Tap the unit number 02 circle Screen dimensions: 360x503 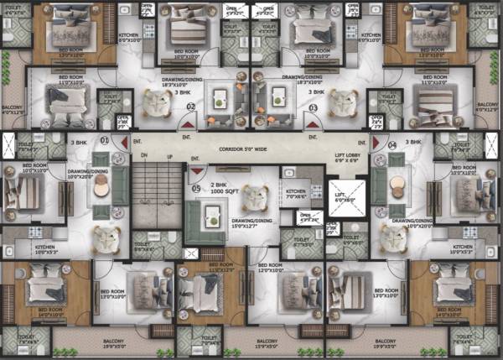[x=191, y=107]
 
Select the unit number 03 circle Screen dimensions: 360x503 [x=313, y=107]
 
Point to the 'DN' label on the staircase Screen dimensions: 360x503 [x=143, y=157]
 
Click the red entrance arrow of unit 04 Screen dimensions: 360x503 [x=376, y=140]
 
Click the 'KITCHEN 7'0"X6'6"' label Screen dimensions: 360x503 [x=295, y=192]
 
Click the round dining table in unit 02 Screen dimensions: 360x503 [x=155, y=101]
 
